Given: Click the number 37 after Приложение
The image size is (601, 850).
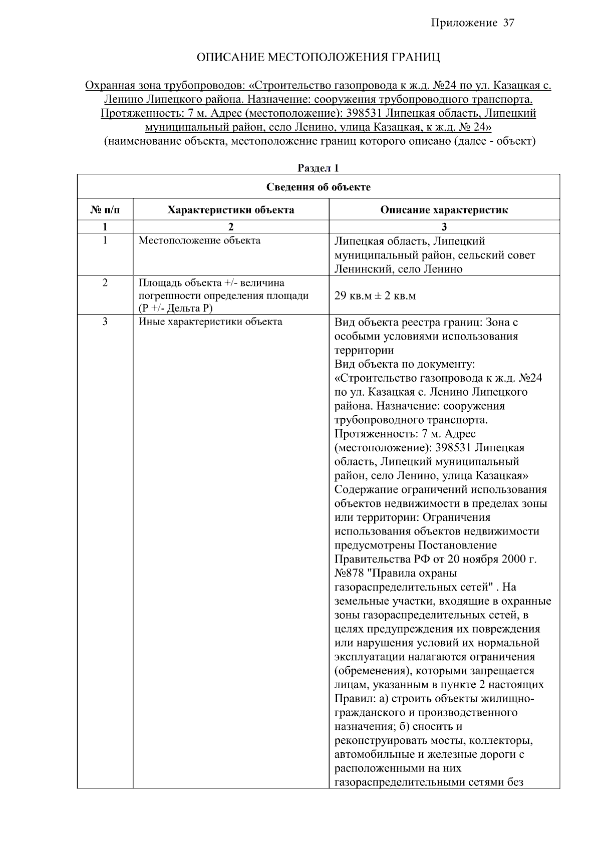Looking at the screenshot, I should point(508,23).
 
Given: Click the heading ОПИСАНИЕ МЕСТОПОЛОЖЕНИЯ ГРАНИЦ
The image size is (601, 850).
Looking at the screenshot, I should point(318,57).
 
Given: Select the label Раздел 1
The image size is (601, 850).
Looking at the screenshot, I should point(318,168).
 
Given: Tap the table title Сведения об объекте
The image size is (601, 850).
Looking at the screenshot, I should point(318,187).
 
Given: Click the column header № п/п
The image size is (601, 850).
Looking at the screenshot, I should point(105,210).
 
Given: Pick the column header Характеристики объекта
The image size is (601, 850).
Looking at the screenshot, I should point(230,210).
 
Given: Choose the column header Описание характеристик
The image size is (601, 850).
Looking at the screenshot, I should point(444,210).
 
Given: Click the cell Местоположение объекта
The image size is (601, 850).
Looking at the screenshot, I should point(199,240).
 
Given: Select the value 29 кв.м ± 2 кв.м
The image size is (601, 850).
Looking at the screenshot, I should point(375,296).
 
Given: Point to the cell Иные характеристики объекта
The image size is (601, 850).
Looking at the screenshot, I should point(210,322).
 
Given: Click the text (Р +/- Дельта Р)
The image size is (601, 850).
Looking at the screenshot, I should point(176,308).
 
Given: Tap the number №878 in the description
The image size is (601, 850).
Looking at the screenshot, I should point(349,573).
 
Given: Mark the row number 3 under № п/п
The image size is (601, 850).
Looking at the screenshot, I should point(105,322).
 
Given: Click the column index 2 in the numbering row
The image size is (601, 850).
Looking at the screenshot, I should point(230,226).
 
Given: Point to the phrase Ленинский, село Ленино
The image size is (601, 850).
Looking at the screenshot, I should point(398,269).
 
